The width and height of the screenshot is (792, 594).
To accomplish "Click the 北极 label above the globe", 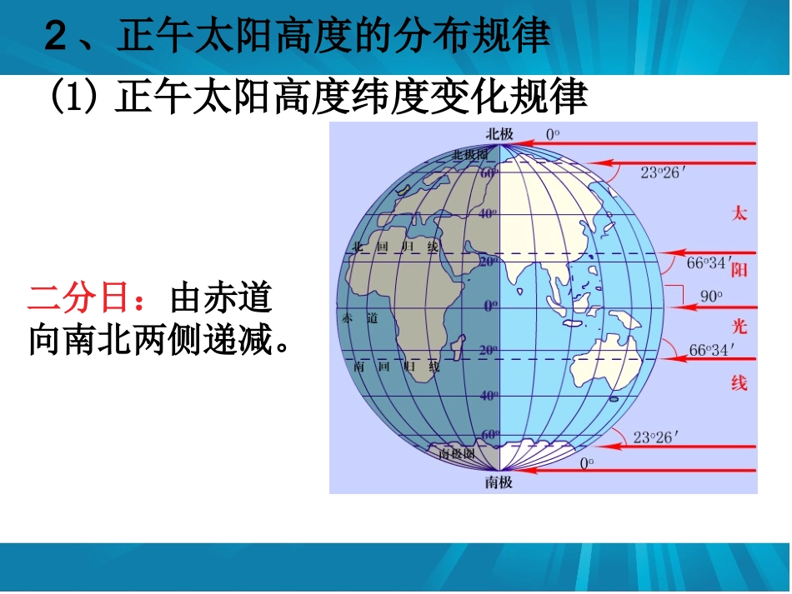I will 500,133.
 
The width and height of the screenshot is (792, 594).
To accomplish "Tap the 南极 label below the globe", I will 500,482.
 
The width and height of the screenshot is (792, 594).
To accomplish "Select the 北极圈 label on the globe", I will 469,155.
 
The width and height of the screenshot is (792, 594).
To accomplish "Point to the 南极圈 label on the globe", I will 457,454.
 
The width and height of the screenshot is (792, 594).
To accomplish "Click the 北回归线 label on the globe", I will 394,247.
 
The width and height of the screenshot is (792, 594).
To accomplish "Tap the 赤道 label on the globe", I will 359,318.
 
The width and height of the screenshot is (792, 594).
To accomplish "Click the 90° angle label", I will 710,296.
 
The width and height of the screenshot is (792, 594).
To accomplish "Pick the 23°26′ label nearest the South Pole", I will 659,436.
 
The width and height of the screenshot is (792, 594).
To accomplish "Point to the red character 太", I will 739,213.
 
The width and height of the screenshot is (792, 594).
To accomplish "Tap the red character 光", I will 739,326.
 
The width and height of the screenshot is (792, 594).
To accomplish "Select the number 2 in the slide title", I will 57,37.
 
